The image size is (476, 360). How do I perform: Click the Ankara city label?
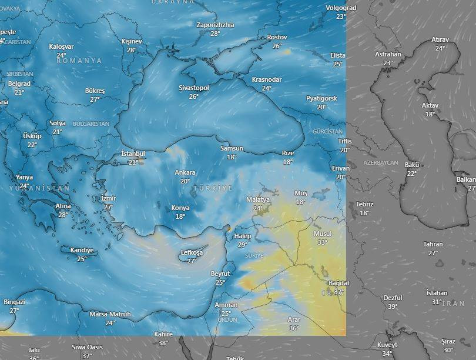[185, 173]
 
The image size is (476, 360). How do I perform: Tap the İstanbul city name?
[133, 154]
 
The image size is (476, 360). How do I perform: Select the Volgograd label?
[341, 8]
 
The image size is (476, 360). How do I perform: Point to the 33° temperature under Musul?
[322, 242]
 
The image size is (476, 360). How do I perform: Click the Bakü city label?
[412, 165]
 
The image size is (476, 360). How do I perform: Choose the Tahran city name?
[433, 244]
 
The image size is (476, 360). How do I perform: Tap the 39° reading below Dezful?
[393, 306]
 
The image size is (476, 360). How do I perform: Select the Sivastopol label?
[194, 88]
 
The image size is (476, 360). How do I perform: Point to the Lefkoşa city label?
[192, 252]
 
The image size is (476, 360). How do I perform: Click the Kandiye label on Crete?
[82, 250]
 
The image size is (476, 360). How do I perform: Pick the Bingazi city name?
[14, 302]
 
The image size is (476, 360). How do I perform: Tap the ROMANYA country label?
[79, 61]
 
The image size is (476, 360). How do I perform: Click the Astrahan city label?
[388, 54]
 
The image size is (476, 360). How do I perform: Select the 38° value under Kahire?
[163, 343]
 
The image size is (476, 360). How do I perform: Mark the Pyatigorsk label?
[321, 98]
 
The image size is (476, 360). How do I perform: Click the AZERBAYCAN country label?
[381, 162]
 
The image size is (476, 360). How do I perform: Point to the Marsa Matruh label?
[110, 315]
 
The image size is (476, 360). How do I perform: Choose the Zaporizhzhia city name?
[215, 25]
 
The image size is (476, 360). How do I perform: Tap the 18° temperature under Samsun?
[232, 157]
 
